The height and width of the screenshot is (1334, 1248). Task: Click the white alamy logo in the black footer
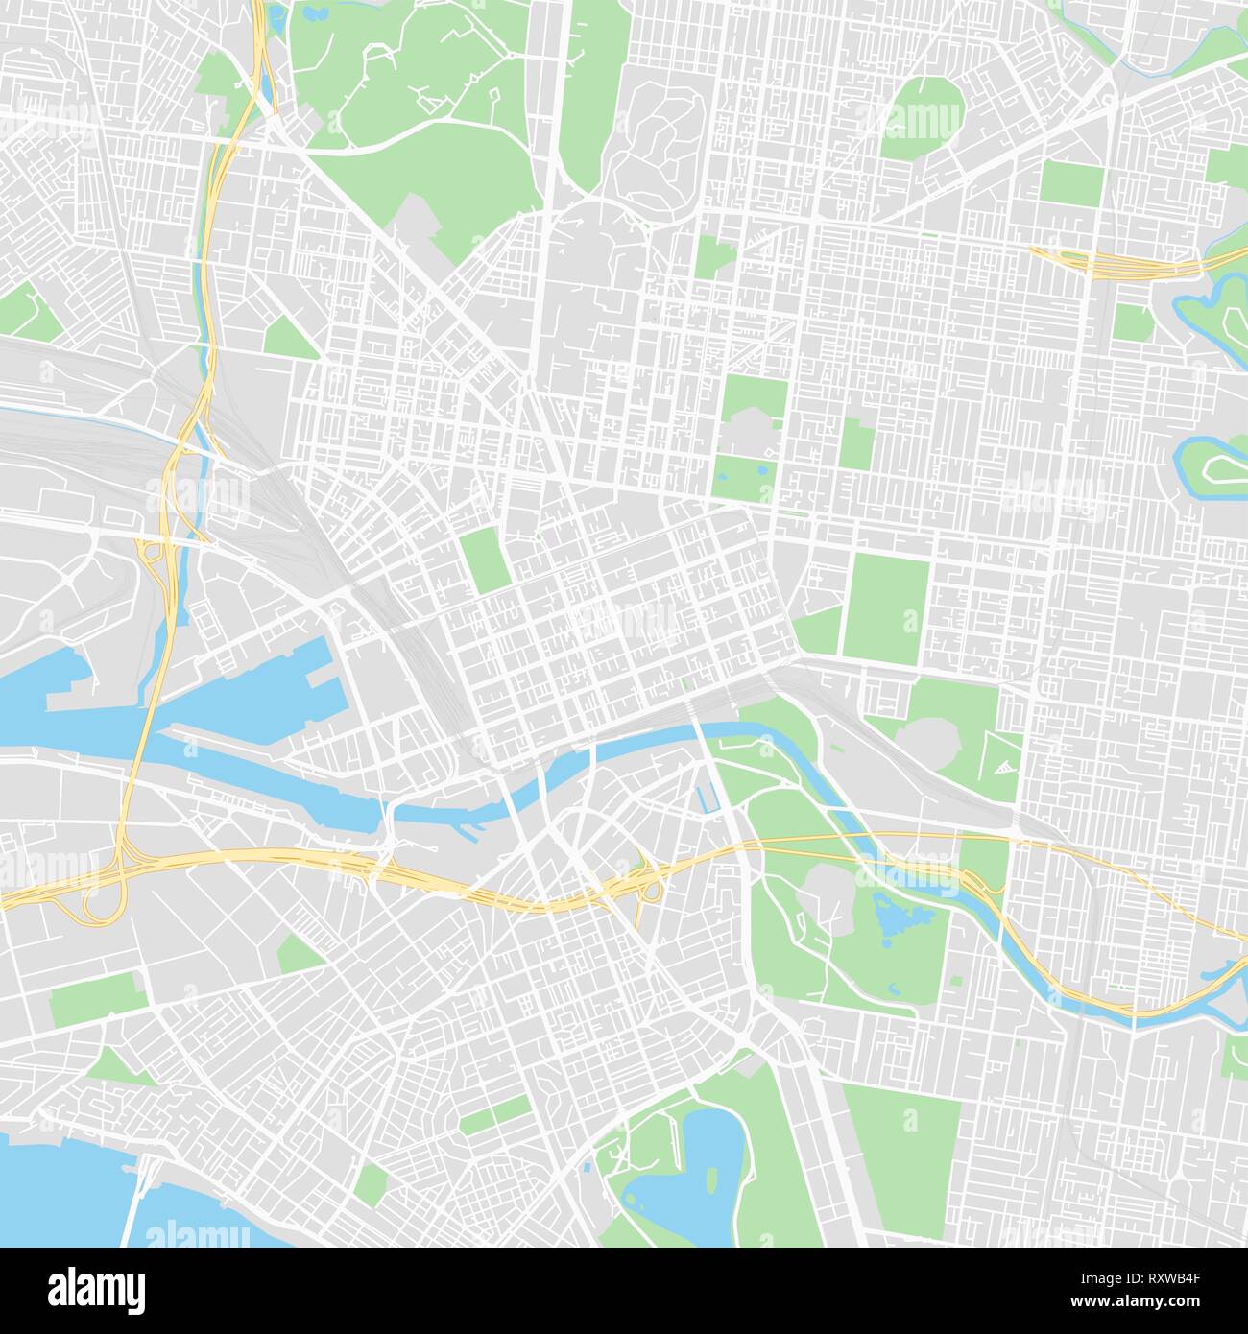(x=96, y=1290)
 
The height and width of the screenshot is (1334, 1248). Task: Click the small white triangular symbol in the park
(x=1003, y=766)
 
